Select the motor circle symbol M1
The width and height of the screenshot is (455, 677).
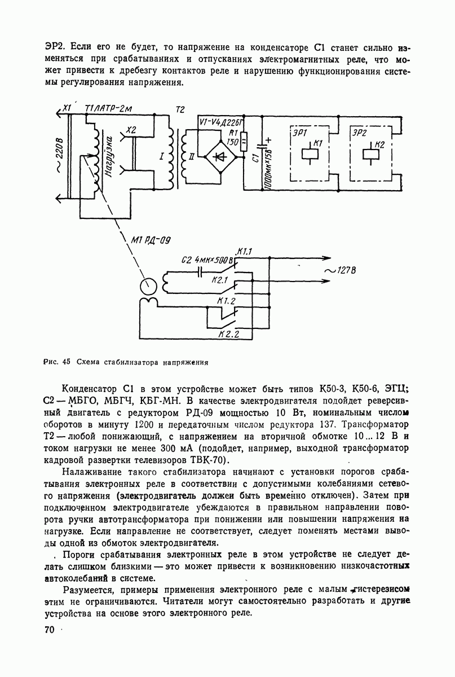pos(149,285)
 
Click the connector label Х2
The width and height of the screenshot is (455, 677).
pos(131,130)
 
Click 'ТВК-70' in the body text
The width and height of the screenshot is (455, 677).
pos(207,460)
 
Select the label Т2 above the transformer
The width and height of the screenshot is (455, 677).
pos(180,110)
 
